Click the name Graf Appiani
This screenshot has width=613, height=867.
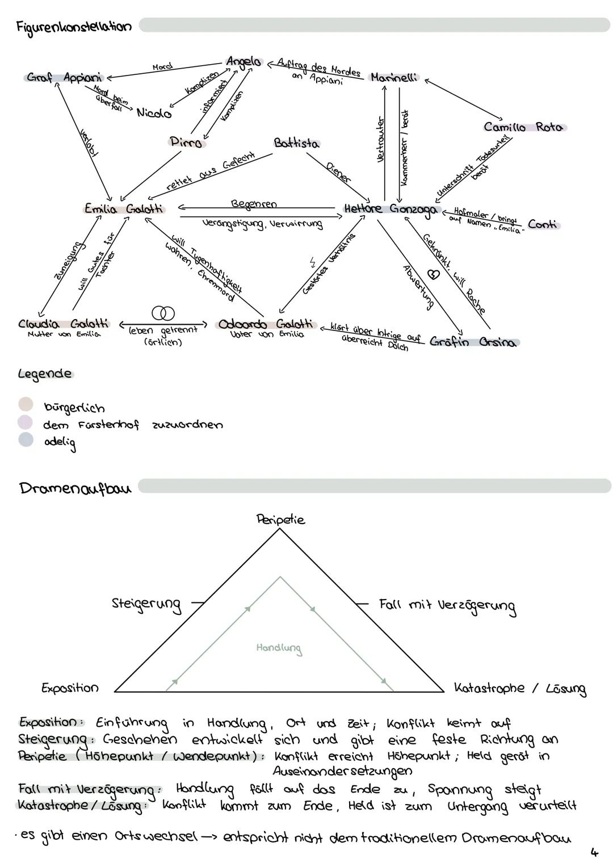64,77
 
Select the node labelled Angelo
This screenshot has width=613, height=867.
244,62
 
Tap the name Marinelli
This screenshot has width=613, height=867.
393,77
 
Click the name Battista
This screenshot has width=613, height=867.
296,143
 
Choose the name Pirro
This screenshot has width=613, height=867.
186,142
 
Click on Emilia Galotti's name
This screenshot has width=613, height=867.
124,209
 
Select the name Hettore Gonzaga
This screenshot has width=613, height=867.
391,209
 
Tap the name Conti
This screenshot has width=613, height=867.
543,224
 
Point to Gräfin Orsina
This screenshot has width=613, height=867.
473,342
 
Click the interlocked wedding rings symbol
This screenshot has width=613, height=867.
163,313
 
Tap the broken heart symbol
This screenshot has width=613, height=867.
433,274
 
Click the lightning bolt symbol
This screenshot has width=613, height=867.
312,262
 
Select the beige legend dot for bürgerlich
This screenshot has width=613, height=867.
26,404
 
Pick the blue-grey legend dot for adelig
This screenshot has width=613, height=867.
26,439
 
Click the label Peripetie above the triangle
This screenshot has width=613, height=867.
280,520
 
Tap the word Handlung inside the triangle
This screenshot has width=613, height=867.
279,648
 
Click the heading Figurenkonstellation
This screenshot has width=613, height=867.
74,27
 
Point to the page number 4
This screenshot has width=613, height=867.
594,852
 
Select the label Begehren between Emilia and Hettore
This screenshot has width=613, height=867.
254,204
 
